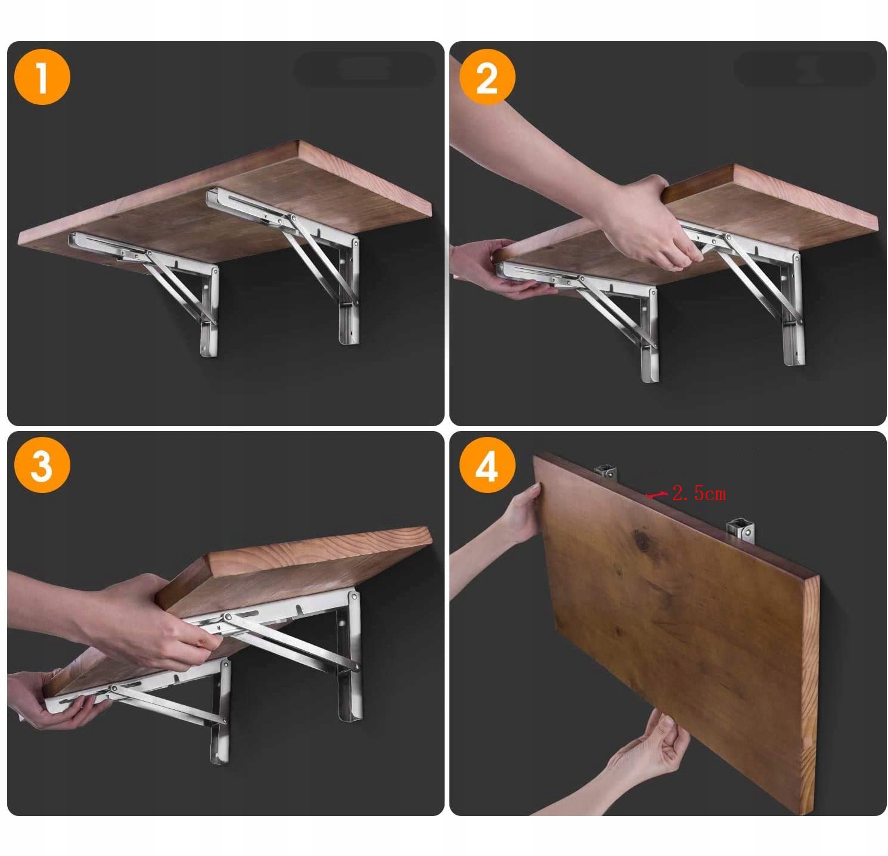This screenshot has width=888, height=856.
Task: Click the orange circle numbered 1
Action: click(x=42, y=77)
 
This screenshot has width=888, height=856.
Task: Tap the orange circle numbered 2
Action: click(x=487, y=77)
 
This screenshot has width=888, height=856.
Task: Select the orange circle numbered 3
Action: click(x=42, y=464)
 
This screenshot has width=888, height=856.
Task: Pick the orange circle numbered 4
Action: click(x=487, y=464)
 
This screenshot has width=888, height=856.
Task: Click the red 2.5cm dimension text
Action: click(x=699, y=494)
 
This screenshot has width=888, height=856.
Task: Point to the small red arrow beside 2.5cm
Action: click(x=656, y=494)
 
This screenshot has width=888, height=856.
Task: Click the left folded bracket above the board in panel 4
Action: click(x=606, y=472)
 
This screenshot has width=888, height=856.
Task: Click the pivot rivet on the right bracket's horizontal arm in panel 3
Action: click(x=226, y=618)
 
